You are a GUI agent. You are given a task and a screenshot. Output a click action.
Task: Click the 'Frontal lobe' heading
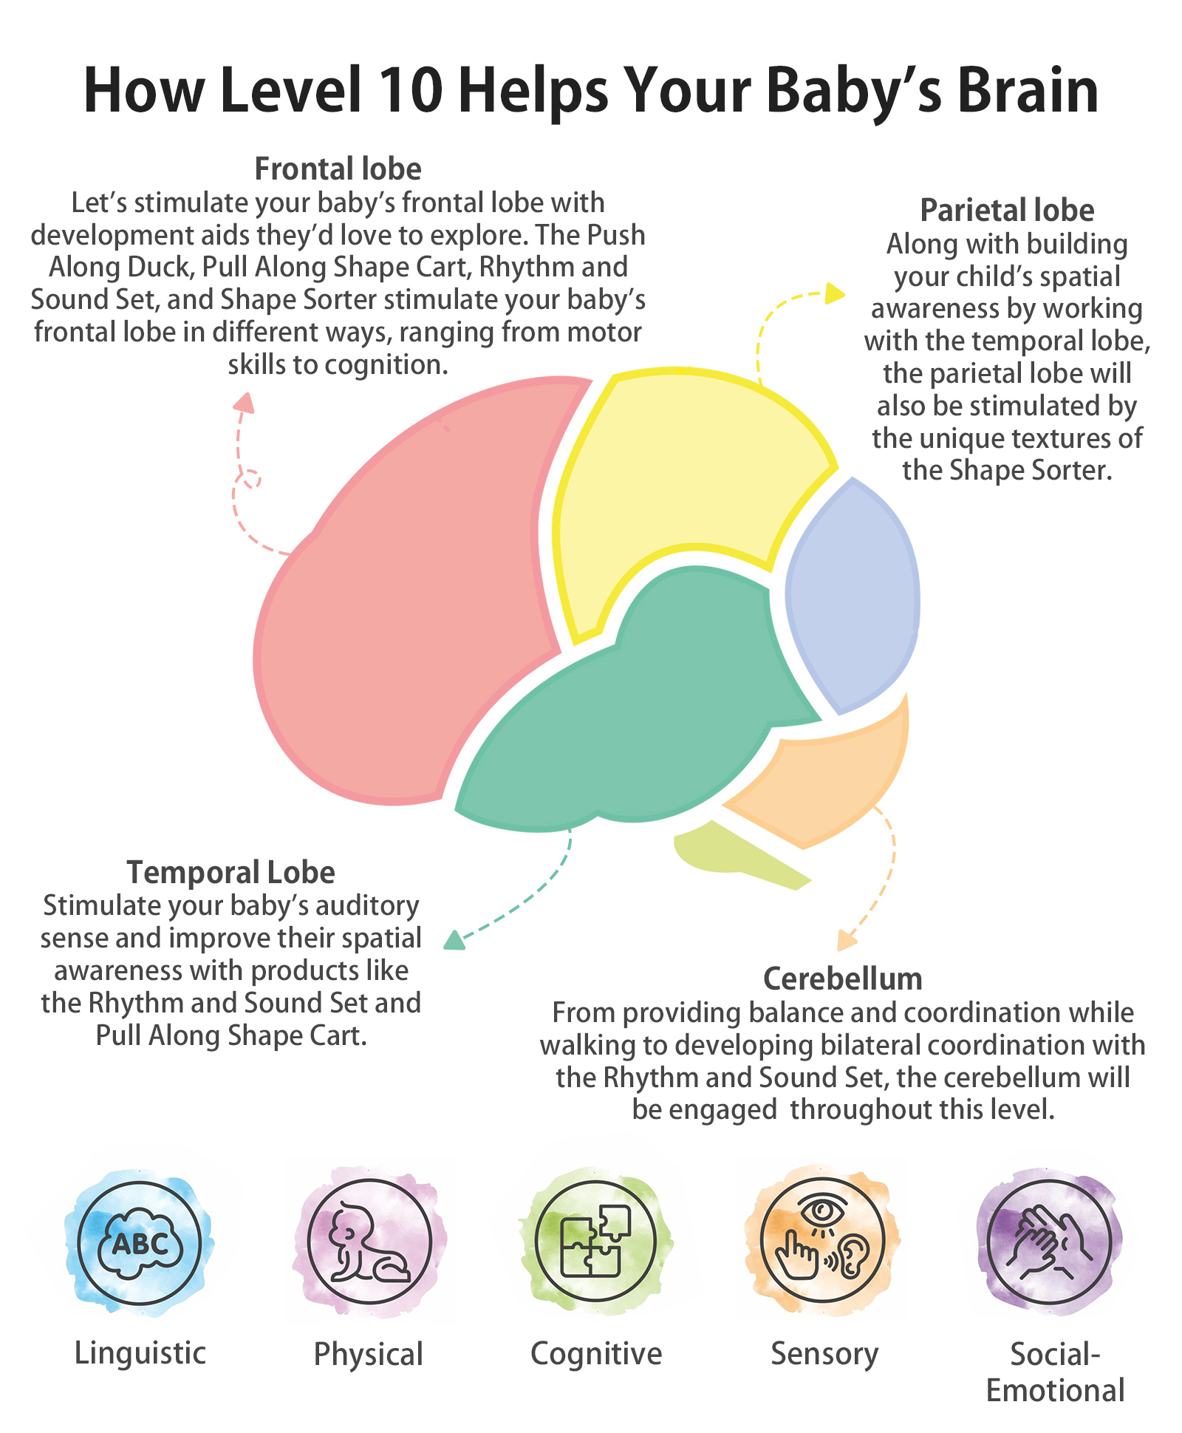point(338,169)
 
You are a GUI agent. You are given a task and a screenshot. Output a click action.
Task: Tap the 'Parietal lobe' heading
point(1006,211)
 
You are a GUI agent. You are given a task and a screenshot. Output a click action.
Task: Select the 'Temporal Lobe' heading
point(230,873)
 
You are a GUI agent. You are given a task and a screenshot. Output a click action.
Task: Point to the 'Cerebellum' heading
point(842,979)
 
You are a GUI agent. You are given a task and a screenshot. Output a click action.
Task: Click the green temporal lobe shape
point(643,709)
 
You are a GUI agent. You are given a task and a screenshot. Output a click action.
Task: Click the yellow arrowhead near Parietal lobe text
point(836,293)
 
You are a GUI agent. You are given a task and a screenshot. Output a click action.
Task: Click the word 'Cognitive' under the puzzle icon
point(596,1353)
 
